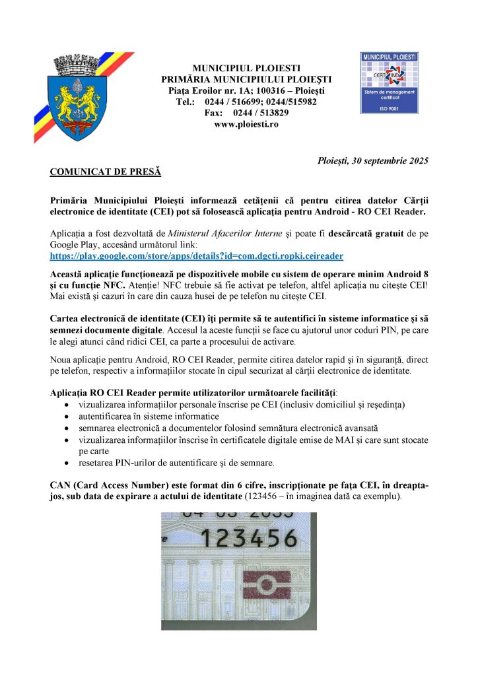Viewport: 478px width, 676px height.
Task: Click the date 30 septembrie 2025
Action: [386, 160]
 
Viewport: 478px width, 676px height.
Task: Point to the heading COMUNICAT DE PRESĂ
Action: [106, 172]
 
